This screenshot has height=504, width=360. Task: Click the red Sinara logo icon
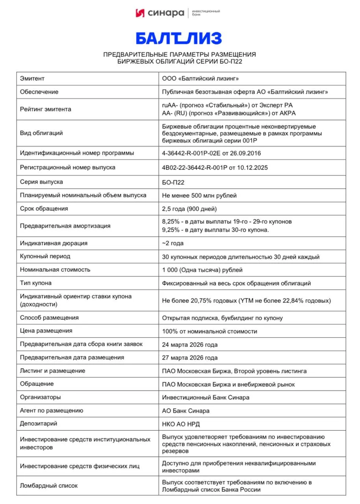tap(140, 13)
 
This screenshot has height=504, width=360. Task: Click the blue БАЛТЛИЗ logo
tap(179, 38)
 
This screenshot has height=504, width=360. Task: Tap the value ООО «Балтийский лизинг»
tap(200, 79)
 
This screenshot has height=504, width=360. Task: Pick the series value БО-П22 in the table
tap(173, 182)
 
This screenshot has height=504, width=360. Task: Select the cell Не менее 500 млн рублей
tap(199, 195)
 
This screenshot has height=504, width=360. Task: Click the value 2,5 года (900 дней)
tap(189, 209)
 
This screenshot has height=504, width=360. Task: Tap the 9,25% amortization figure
tap(170, 230)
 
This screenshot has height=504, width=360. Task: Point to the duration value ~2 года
tap(173, 243)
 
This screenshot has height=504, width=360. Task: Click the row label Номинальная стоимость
tap(55, 270)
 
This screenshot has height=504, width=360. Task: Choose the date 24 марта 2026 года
tap(190, 345)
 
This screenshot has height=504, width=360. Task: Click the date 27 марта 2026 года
tap(190, 358)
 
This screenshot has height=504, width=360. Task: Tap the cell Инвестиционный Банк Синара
tap(205, 397)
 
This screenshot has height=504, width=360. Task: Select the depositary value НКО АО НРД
tap(183, 424)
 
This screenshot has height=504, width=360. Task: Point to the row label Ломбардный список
tap(49, 485)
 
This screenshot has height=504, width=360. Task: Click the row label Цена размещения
tap(46, 331)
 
